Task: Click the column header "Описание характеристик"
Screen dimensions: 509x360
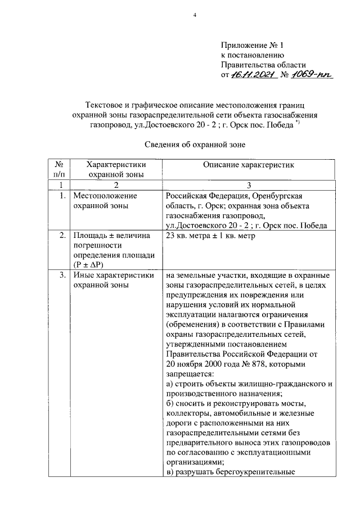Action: coord(249,165)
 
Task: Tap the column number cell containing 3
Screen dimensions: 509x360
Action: coord(249,185)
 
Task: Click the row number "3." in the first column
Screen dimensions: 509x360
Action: coord(62,276)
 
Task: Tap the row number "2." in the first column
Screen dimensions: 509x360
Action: coord(62,236)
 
